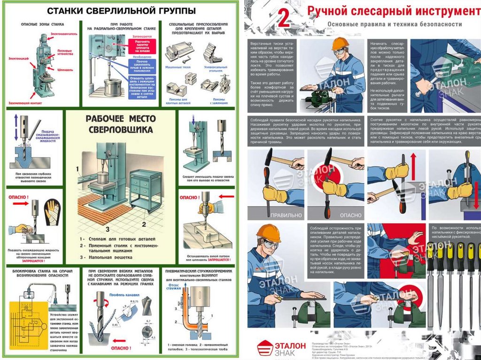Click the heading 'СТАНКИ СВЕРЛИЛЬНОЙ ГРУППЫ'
coord(121,10)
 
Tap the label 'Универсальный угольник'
coord(214,69)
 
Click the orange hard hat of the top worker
coord(340,43)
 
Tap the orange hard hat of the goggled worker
coord(268,232)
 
